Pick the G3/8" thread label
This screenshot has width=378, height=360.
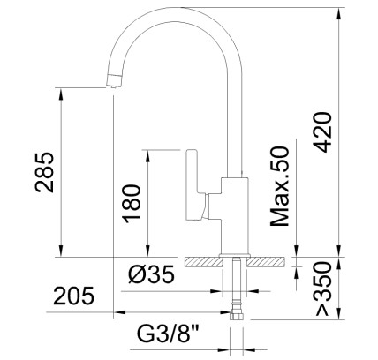[169, 335]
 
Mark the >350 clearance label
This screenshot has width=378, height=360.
[323, 289]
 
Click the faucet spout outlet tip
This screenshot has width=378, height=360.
[112, 82]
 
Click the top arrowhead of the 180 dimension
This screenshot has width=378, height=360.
[147, 153]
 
